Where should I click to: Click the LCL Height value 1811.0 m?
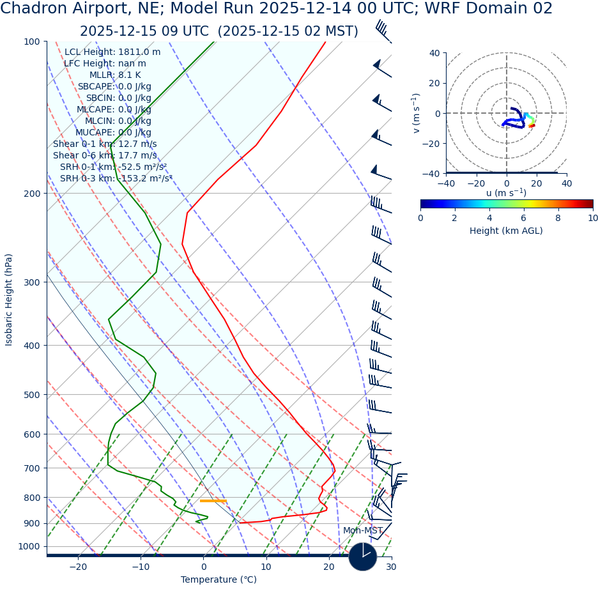[112, 52]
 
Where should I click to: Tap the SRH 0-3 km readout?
[116, 179]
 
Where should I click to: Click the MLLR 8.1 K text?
[115, 75]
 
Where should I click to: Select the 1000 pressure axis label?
[28, 547]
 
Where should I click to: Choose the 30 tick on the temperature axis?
[391, 567]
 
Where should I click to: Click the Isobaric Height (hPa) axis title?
[9, 300]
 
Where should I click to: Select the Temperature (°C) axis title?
[218, 580]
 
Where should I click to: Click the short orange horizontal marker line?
[213, 501]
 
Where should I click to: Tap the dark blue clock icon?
[362, 556]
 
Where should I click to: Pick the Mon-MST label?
[362, 531]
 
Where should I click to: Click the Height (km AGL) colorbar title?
[506, 231]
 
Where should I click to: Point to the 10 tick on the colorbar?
[593, 218]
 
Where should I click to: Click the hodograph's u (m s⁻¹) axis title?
[506, 194]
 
